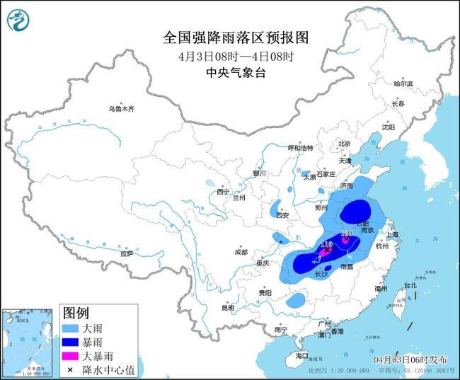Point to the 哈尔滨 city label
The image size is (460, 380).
(403, 84)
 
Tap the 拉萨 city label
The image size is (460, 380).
(127, 253)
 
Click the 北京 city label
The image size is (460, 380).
(344, 144)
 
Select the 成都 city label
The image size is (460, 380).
(241, 252)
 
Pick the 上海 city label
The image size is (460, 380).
(393, 234)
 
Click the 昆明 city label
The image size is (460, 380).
(227, 308)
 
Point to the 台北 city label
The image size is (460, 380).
(410, 285)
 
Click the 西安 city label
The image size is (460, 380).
(283, 215)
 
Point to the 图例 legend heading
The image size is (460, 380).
(76, 313)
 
